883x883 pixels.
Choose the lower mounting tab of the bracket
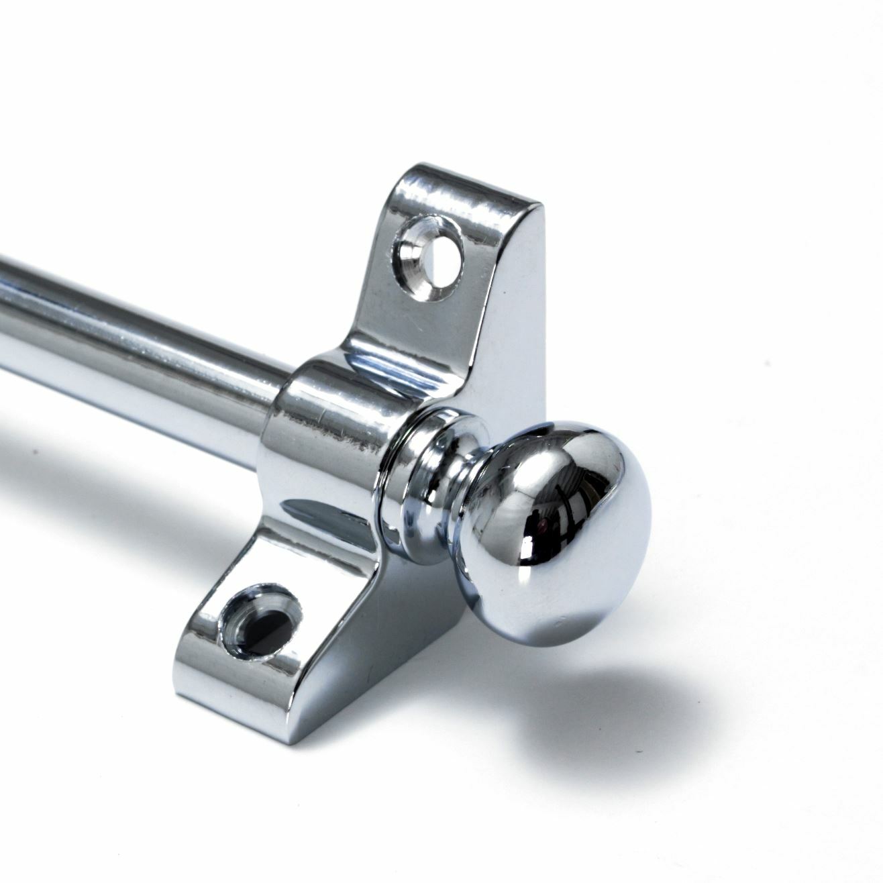(255, 624)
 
